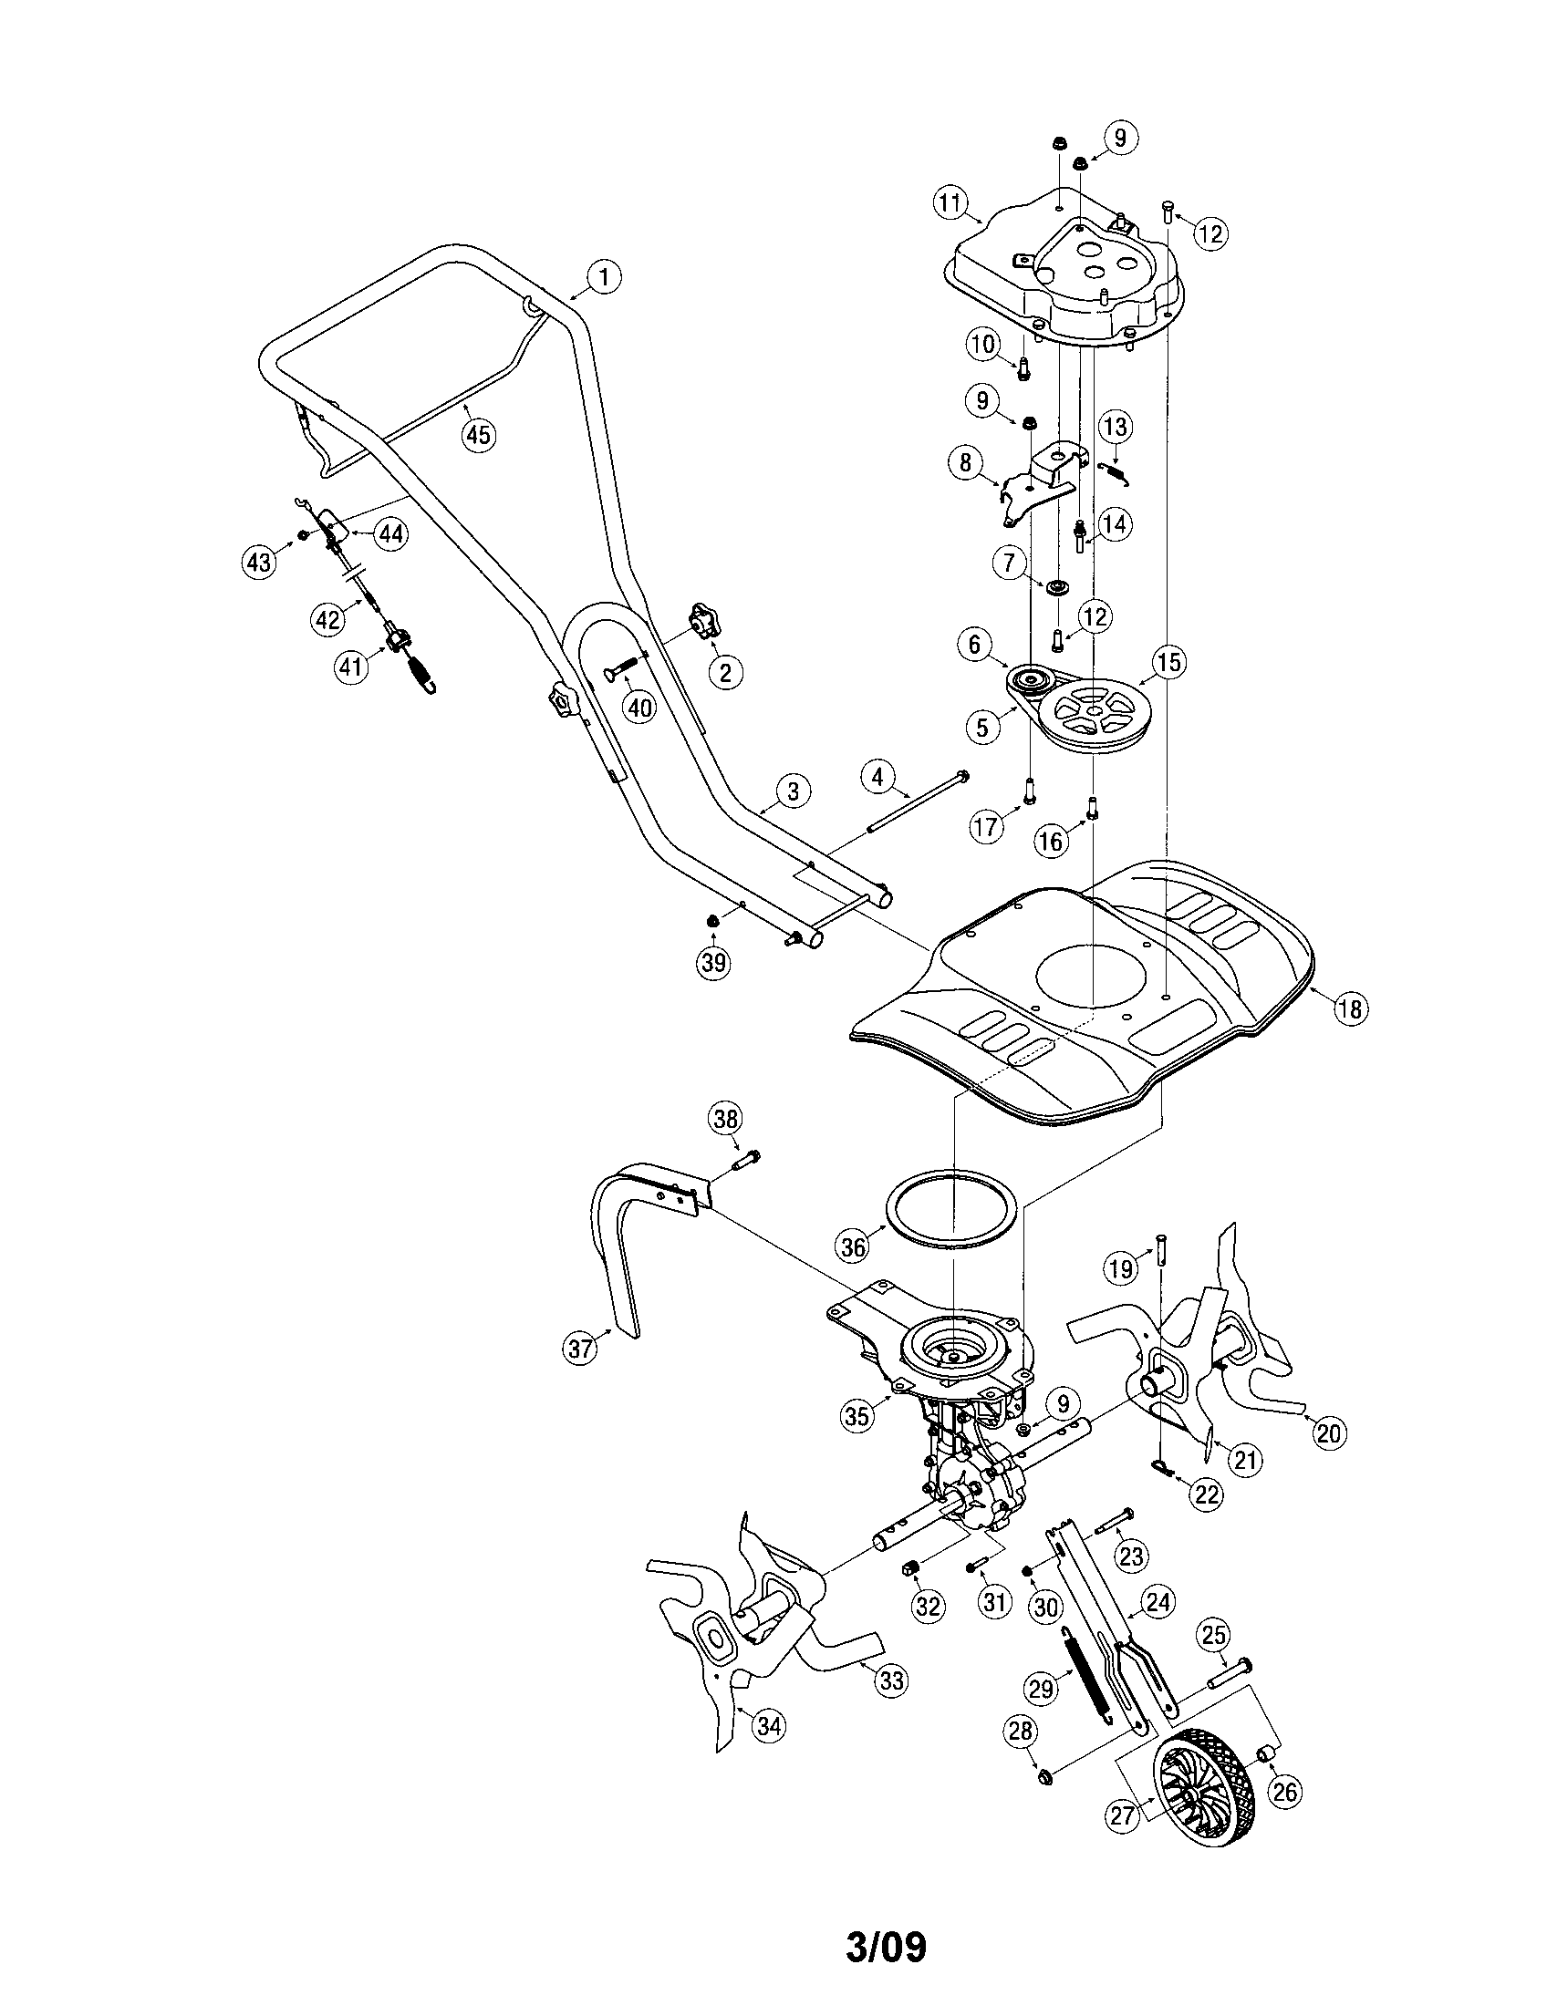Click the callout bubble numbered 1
click(x=604, y=276)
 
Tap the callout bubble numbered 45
click(x=477, y=433)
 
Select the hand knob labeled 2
click(x=705, y=624)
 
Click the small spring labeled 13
click(x=1115, y=472)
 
